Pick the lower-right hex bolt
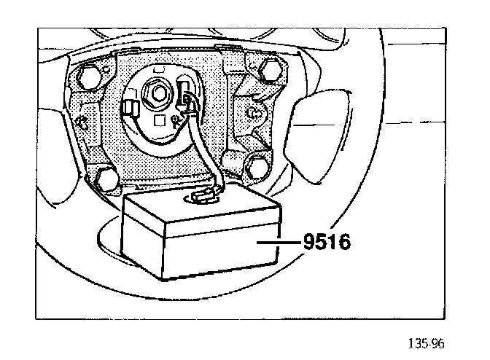(x=258, y=168)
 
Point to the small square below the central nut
(x=160, y=118)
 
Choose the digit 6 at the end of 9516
(x=343, y=242)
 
